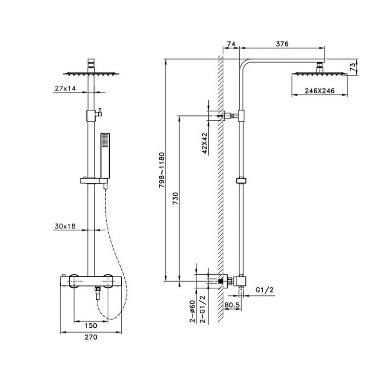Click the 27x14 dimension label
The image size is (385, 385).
(65, 88)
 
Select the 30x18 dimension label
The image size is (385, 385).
(65, 226)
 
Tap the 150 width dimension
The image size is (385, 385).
(91, 326)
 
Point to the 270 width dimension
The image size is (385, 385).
(91, 337)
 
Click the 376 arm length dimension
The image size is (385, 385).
(282, 44)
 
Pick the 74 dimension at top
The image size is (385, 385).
(231, 44)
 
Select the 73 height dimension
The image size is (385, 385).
(352, 67)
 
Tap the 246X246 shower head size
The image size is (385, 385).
(320, 91)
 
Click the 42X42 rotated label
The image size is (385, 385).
(205, 143)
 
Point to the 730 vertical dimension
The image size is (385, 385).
(175, 199)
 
